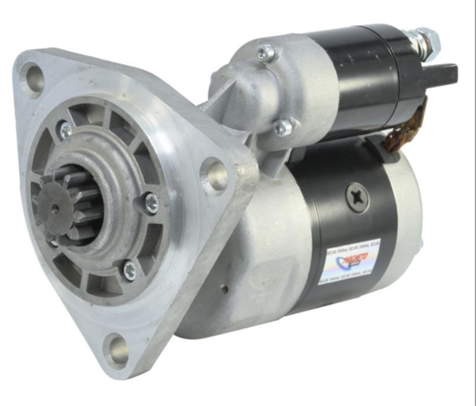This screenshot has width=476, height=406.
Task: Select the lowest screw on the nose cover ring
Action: click(x=129, y=270)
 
